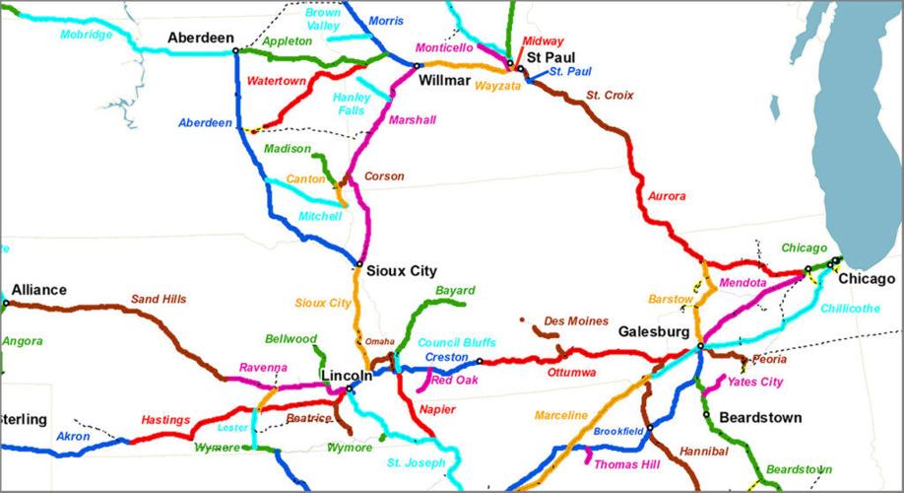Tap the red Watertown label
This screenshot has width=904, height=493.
pos(277,80)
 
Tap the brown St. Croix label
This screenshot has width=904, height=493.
pos(610,95)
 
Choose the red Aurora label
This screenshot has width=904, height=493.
pos(667,196)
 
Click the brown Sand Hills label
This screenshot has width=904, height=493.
pos(159,299)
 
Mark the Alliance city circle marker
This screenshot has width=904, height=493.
pos(6,303)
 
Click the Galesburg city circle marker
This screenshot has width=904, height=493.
pos(699,346)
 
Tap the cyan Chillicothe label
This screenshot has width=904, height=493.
pos(850,309)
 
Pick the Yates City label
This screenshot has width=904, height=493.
pos(754,382)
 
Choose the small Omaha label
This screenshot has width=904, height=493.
pos(379,341)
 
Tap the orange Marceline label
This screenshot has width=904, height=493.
pos(561,415)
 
